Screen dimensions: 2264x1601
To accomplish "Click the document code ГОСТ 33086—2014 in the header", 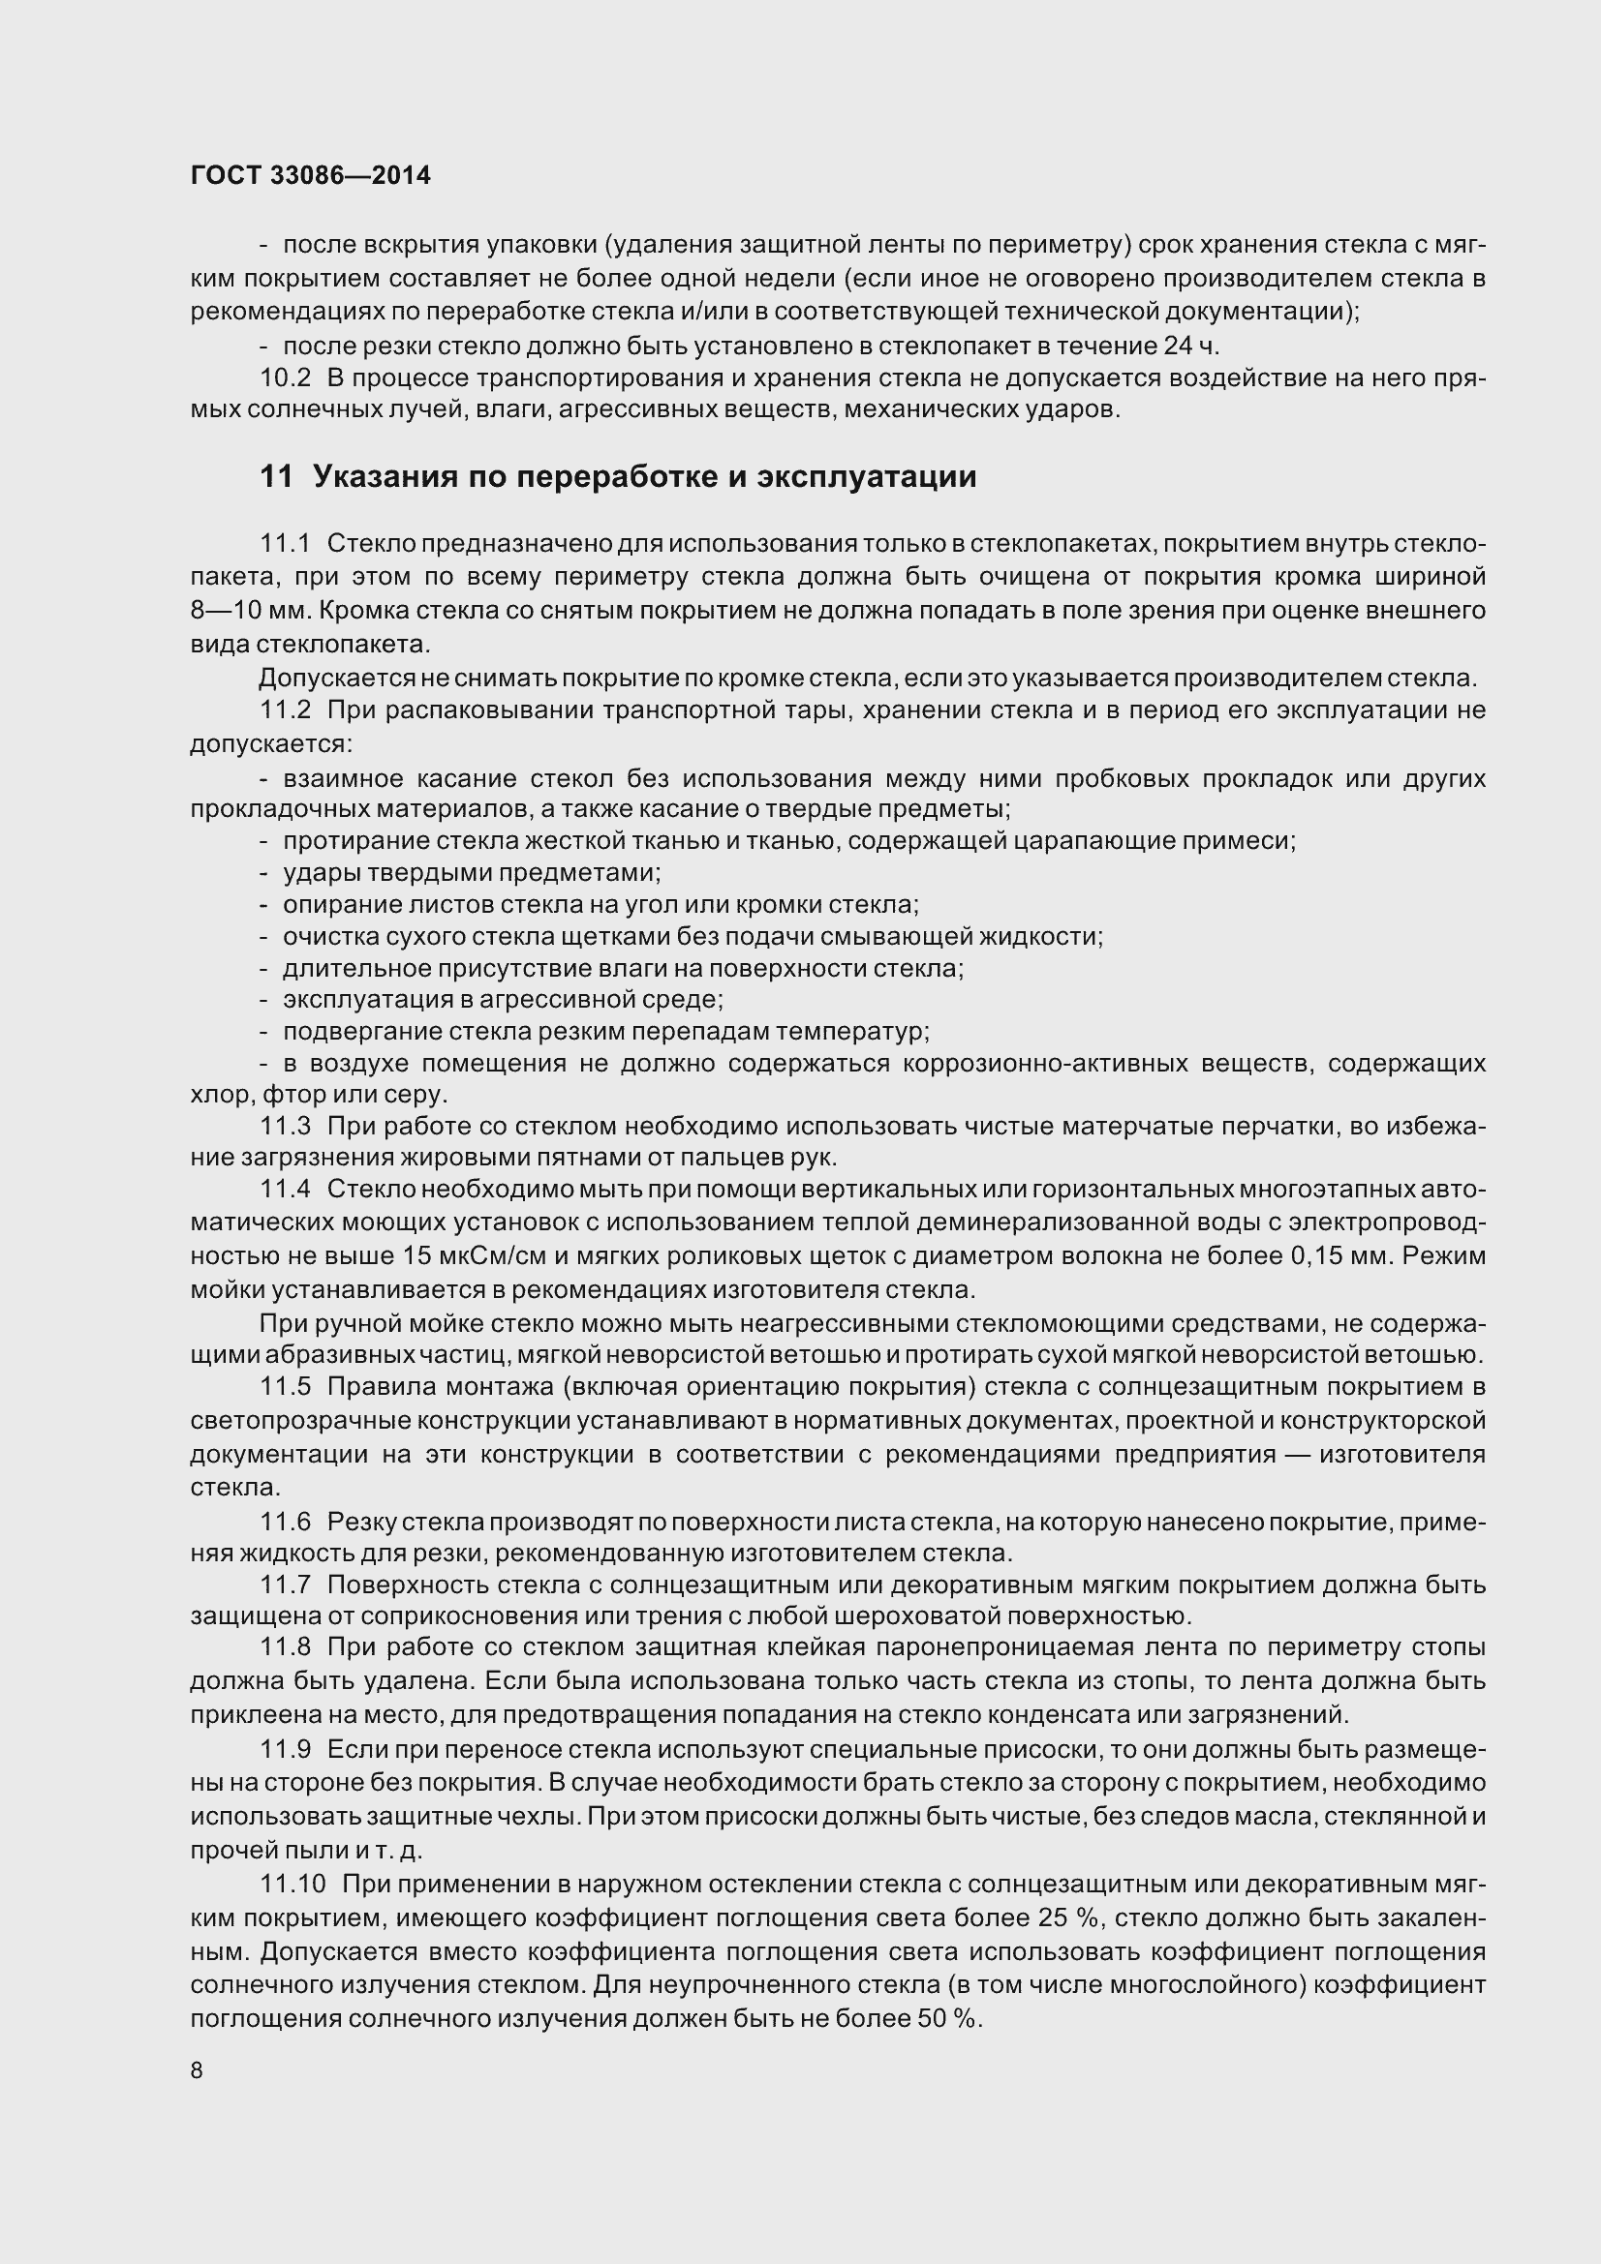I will click(311, 175).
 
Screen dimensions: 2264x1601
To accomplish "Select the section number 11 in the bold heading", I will click(276, 477).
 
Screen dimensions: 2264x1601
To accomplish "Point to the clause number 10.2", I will click(285, 377).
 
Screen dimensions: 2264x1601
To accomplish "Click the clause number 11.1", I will click(285, 543).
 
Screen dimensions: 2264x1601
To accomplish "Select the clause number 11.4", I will click(285, 1190).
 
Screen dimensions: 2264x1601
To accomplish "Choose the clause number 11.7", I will click(285, 1585).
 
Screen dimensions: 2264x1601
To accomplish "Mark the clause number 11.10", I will click(292, 1884).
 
